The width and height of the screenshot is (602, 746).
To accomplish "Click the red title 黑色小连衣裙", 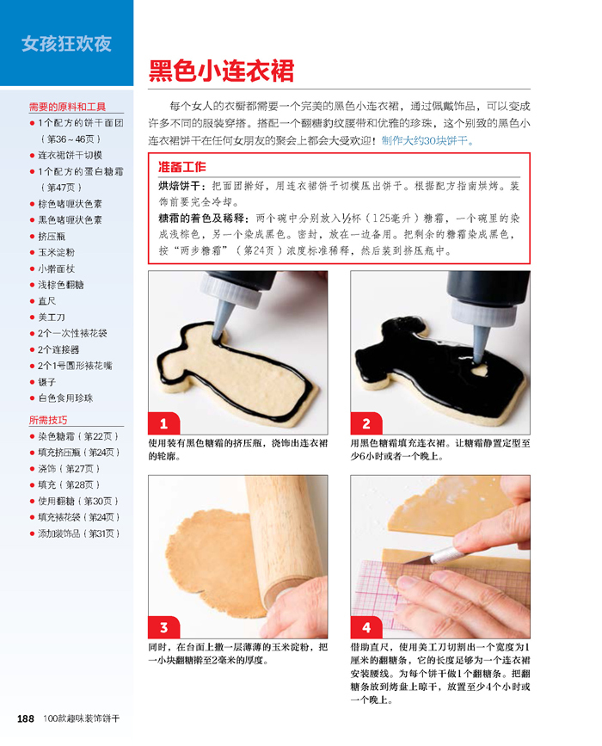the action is click(x=221, y=71).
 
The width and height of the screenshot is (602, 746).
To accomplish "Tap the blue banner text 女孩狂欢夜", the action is click(x=66, y=44).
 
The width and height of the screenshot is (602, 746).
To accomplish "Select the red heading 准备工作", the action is click(x=182, y=167).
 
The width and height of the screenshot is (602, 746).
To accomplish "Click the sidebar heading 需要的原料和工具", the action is click(x=67, y=107).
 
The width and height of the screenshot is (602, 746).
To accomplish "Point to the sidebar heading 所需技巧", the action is click(x=48, y=420).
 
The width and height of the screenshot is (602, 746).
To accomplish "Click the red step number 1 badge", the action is click(x=163, y=423).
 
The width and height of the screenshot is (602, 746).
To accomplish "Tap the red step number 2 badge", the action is click(x=366, y=423).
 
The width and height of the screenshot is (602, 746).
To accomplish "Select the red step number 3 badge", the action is click(x=163, y=627).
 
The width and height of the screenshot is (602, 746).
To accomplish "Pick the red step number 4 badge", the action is click(x=366, y=627).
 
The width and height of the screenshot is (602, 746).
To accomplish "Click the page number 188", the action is click(x=26, y=718).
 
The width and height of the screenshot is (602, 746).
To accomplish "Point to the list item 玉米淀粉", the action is click(x=56, y=252).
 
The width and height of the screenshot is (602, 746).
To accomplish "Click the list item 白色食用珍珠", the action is click(x=65, y=398).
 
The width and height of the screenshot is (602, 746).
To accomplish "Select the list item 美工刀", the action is click(x=52, y=317).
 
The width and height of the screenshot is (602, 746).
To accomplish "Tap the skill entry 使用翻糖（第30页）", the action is click(x=78, y=501).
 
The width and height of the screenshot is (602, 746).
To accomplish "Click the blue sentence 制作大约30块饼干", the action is click(x=427, y=141).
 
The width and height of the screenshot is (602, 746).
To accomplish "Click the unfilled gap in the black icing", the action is click(x=479, y=369).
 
